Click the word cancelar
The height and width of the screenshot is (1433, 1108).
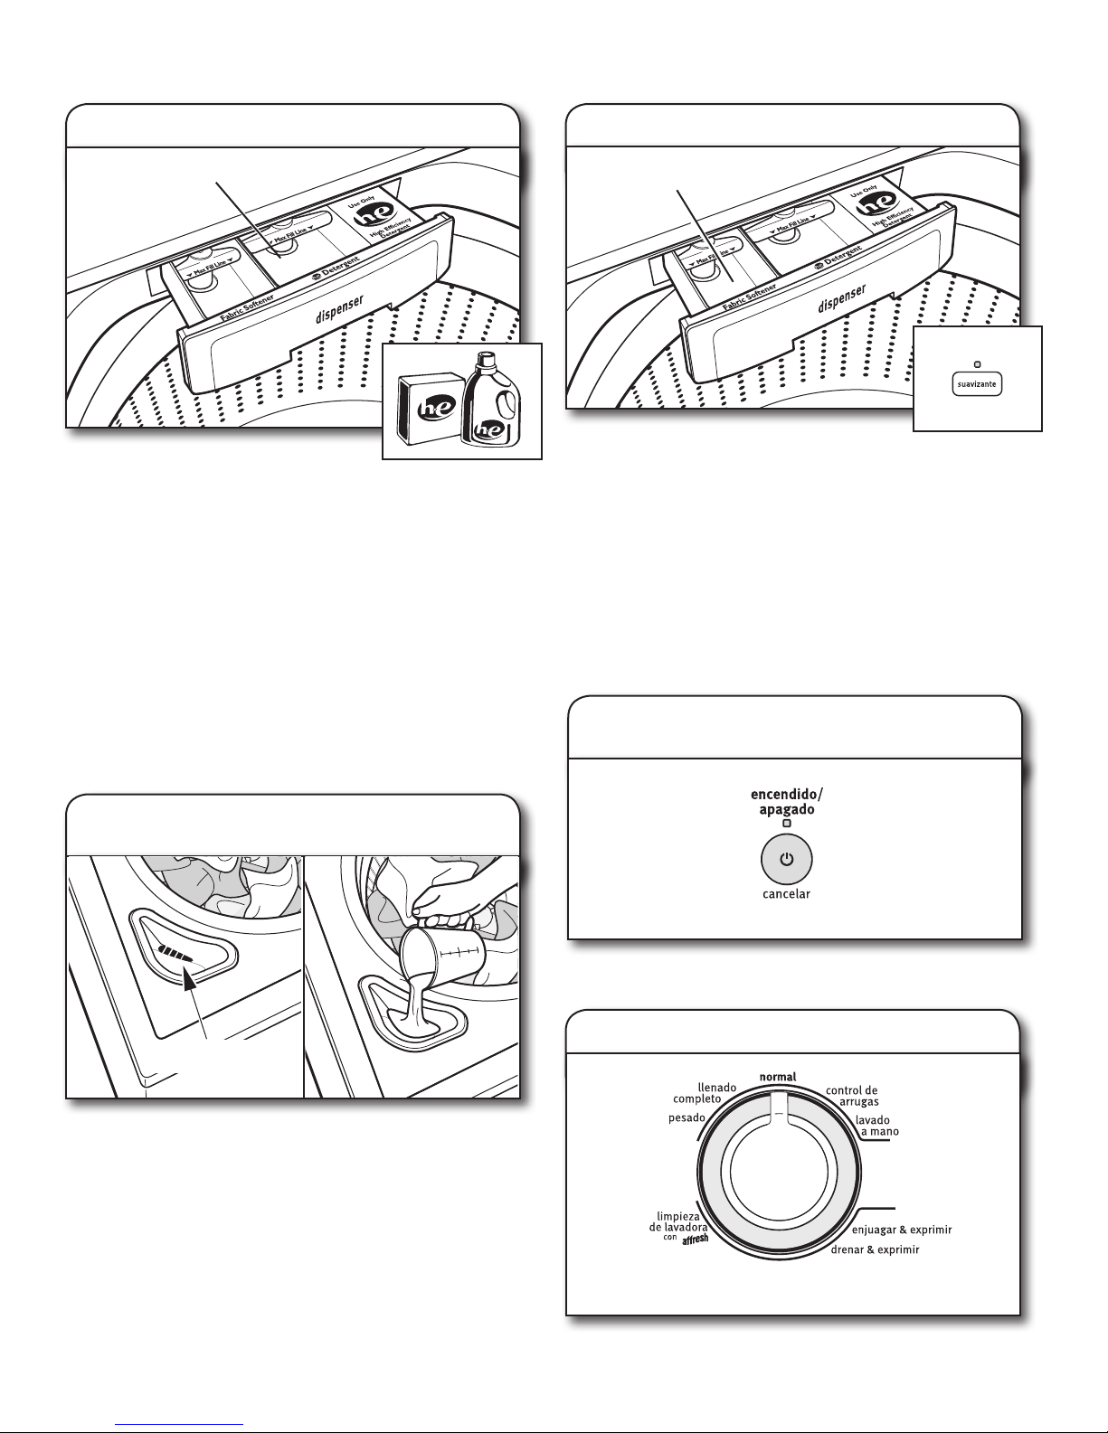[785, 894]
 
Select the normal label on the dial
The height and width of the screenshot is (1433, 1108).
[777, 1077]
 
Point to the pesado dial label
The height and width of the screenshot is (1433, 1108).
[687, 1118]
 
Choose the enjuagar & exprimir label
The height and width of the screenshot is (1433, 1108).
[902, 1230]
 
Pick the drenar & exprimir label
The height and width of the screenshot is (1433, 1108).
[875, 1250]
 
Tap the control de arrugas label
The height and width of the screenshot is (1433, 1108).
[851, 1096]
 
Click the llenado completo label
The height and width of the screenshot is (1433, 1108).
[698, 1092]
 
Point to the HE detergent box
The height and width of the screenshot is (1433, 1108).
[429, 405]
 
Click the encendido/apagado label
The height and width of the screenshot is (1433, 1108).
[786, 802]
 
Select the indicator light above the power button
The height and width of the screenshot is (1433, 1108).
[786, 824]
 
